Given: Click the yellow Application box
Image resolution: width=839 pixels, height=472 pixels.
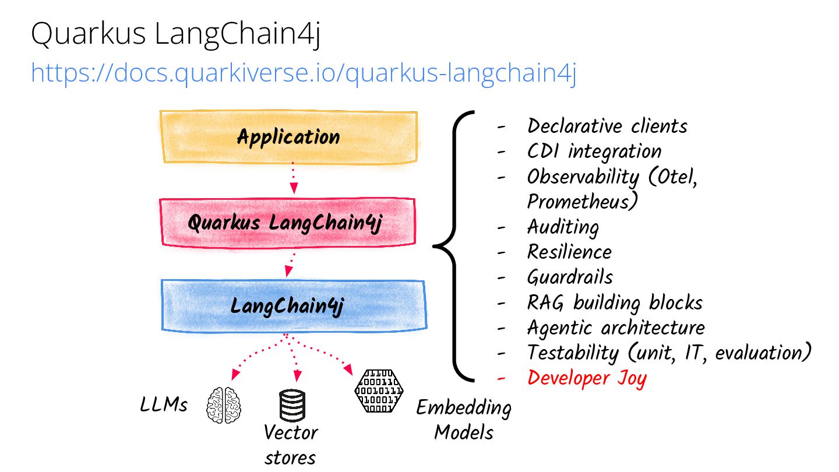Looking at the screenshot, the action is pyautogui.click(x=289, y=137).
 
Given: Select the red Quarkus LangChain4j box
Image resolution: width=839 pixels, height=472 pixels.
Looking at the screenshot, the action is pyautogui.click(x=288, y=223).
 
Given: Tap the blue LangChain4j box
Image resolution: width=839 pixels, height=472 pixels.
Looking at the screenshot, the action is pyautogui.click(x=294, y=306).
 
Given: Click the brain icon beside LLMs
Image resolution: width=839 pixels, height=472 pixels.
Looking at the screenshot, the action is pyautogui.click(x=224, y=406).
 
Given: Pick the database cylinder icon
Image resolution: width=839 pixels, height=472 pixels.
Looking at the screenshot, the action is pyautogui.click(x=292, y=405).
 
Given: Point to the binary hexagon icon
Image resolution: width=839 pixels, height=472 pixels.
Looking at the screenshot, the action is pyautogui.click(x=379, y=391).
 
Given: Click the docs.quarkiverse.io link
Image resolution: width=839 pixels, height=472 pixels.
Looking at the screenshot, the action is pyautogui.click(x=304, y=73).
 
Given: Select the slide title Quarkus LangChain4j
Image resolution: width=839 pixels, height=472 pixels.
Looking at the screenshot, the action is pyautogui.click(x=176, y=34).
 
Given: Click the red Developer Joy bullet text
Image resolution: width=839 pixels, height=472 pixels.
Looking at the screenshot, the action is pyautogui.click(x=587, y=378).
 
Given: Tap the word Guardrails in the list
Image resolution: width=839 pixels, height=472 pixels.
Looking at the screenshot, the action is pyautogui.click(x=570, y=277).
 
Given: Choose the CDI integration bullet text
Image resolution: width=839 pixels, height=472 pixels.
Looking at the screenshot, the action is pyautogui.click(x=594, y=152).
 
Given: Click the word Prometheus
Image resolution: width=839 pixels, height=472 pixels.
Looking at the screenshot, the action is pyautogui.click(x=582, y=202).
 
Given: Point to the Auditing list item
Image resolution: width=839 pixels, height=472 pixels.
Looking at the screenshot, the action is pyautogui.click(x=563, y=227).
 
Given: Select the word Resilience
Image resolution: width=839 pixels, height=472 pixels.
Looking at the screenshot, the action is pyautogui.click(x=569, y=252).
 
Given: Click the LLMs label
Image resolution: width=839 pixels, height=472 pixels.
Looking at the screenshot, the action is pyautogui.click(x=164, y=404).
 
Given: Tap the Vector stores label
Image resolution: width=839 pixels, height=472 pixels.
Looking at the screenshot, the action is pyautogui.click(x=291, y=445).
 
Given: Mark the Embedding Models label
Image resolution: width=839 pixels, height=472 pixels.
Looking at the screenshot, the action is pyautogui.click(x=464, y=420).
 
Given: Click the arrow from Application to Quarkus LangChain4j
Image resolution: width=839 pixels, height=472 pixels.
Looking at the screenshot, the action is pyautogui.click(x=294, y=178).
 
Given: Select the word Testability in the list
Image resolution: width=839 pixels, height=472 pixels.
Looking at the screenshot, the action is pyautogui.click(x=573, y=353).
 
